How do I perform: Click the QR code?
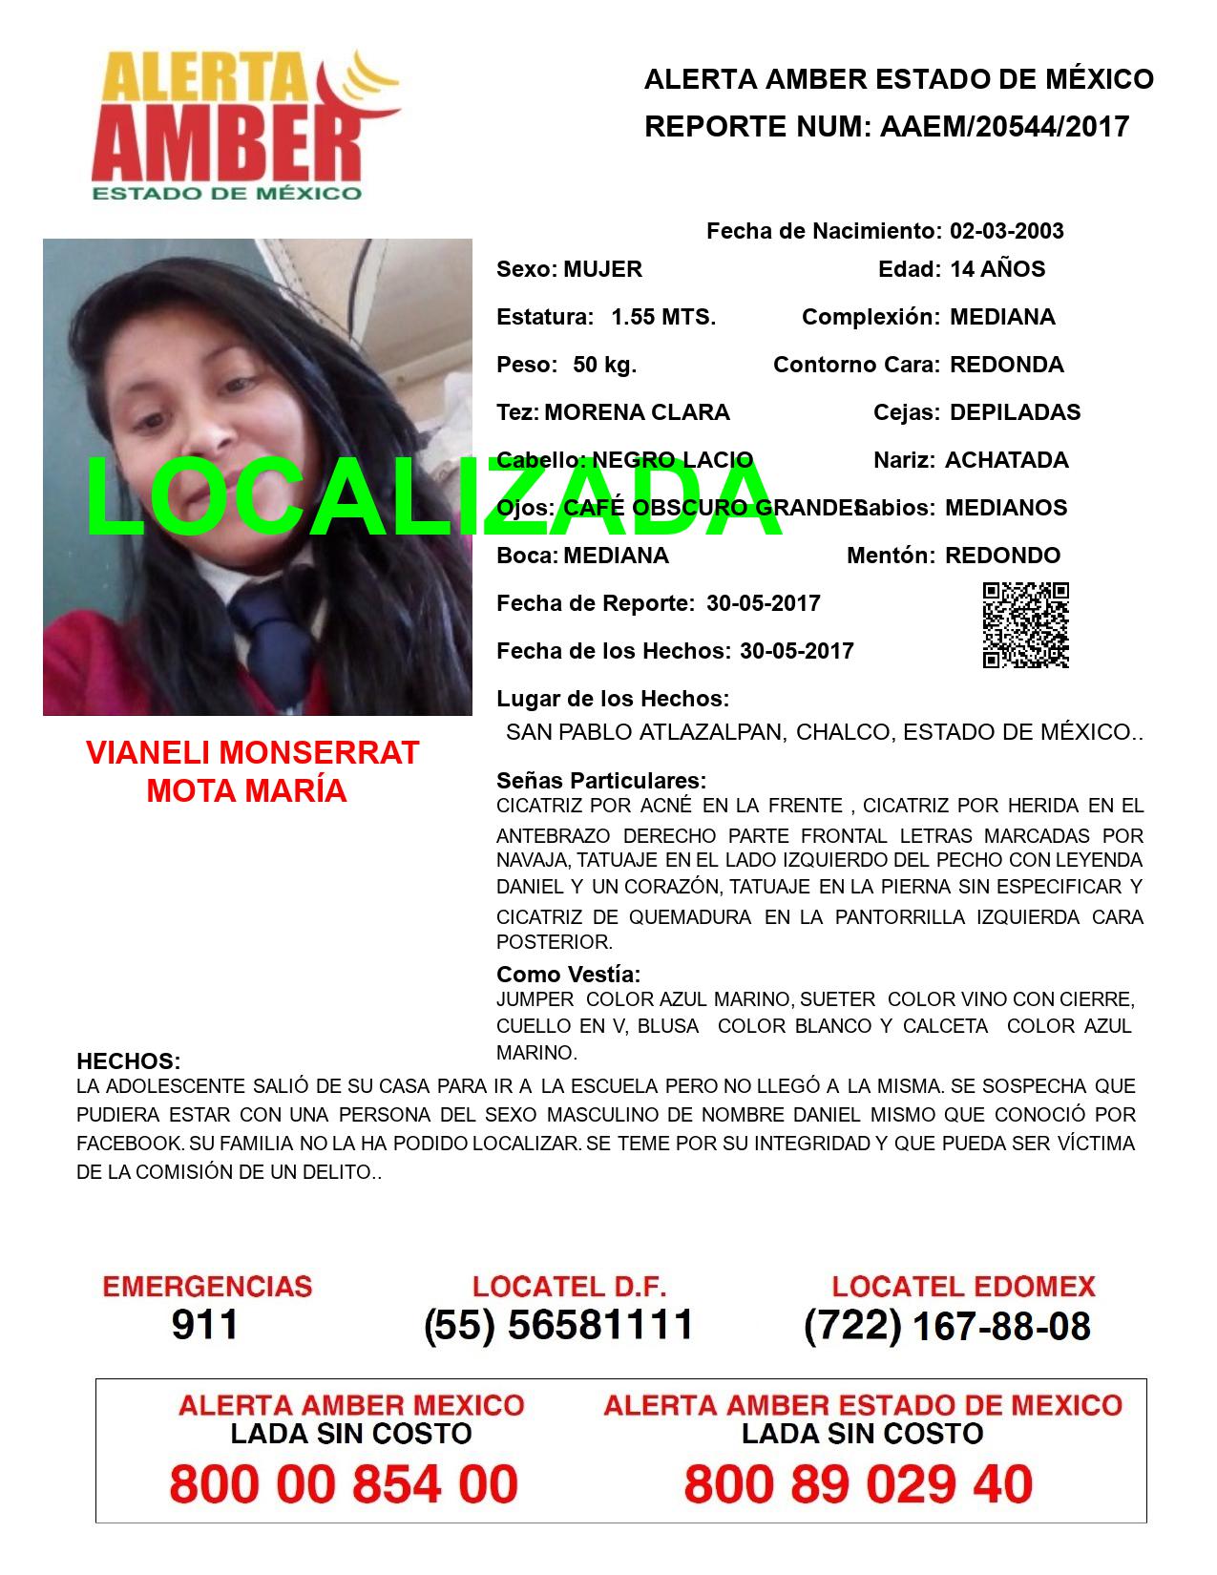coord(1025,625)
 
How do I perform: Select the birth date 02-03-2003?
coord(1006,231)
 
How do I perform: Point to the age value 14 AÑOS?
coord(997,269)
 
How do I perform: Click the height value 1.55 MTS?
coord(663,317)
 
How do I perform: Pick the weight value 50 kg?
coord(604,365)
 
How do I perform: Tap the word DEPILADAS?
coord(1015,412)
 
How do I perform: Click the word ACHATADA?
coord(1006,460)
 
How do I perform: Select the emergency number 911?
coord(205,1325)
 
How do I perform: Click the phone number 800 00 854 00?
coord(344,1484)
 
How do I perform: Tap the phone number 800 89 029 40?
coord(858,1484)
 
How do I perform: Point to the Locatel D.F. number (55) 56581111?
coord(558,1325)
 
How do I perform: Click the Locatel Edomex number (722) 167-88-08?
coord(947,1325)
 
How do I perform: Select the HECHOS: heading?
coord(128,1061)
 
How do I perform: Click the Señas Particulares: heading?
coord(601,781)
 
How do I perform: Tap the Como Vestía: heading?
coord(568,975)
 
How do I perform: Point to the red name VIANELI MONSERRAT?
coord(252,753)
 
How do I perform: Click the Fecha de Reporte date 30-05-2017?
coord(764,603)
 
